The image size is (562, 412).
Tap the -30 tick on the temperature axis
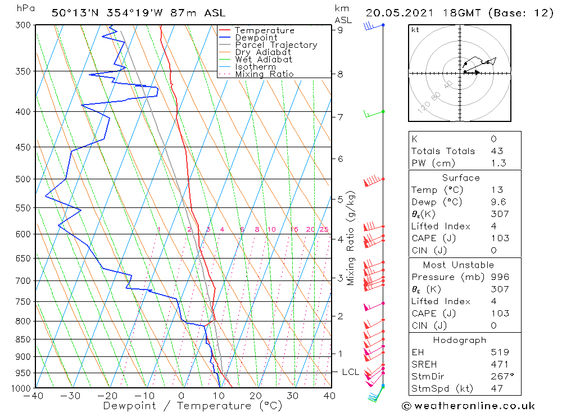[71, 396]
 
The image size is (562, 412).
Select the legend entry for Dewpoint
[256, 38]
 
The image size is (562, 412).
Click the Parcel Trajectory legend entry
[275, 45]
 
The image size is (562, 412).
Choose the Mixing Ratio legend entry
[264, 74]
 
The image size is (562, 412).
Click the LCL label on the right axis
[350, 372]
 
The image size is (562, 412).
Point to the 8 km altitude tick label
[340, 74]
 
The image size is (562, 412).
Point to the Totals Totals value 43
[496, 151]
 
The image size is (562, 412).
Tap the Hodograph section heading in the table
[460, 340]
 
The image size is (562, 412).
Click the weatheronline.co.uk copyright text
[468, 406]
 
